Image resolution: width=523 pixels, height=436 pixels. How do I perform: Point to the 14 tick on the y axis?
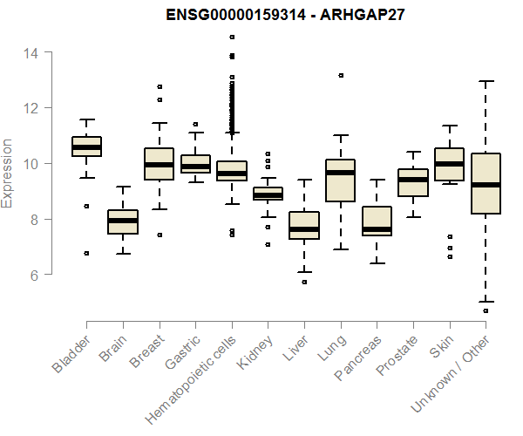31,53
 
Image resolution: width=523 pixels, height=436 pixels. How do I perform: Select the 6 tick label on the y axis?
31,275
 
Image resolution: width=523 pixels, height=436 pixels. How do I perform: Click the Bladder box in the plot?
86,146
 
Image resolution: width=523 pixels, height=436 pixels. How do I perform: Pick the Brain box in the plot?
123,221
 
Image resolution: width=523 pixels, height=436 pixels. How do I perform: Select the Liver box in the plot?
304,225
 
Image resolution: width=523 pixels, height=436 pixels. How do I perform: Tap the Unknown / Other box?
486,183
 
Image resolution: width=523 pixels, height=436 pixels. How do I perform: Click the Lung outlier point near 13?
341,76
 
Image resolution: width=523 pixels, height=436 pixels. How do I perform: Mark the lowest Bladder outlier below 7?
86,253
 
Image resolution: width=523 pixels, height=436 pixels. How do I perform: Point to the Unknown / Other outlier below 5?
486,310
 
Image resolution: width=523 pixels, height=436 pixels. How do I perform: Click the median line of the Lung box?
341,173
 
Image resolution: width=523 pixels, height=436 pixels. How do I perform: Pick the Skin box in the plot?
450,164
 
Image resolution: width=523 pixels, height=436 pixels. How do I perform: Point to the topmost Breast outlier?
160,86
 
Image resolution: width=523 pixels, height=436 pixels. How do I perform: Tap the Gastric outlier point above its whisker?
195,125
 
